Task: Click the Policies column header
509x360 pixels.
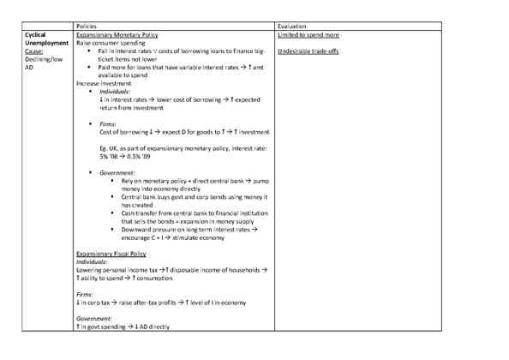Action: click(87, 27)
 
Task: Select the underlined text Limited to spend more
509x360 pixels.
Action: click(308, 35)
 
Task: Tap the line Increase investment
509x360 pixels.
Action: click(104, 83)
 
